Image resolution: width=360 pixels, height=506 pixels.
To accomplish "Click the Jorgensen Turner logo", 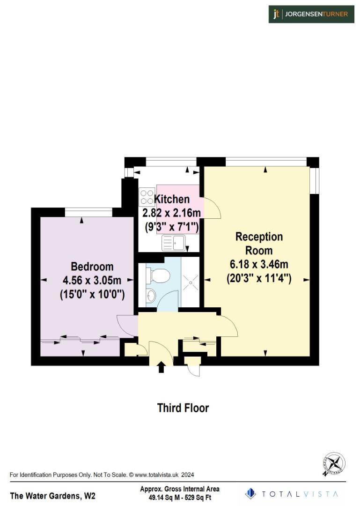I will [x=311, y=14].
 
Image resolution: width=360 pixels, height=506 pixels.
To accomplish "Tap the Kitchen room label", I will [x=172, y=200].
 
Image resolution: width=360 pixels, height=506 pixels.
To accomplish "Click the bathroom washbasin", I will [x=151, y=295].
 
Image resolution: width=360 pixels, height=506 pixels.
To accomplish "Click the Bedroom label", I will [x=92, y=267].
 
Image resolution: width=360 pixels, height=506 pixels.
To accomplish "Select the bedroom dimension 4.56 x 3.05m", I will [x=92, y=281].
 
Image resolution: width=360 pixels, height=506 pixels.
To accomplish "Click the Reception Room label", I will [x=259, y=243].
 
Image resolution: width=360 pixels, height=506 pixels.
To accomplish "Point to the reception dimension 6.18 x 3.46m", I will [x=259, y=265].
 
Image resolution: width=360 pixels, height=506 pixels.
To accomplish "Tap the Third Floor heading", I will [x=183, y=408].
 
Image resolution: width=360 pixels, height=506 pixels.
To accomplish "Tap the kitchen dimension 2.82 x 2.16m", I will [x=172, y=213].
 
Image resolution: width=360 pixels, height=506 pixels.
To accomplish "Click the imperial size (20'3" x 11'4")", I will [x=259, y=278].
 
